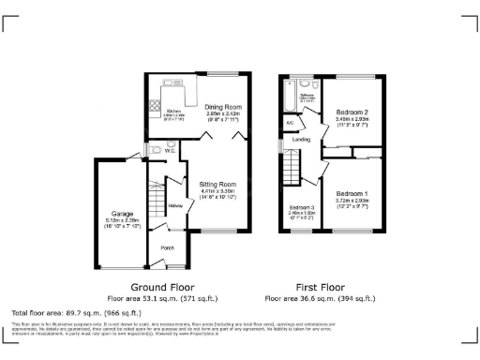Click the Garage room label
pyautogui.click(x=121, y=214)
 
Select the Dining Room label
pyautogui.click(x=224, y=107)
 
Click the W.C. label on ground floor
pyautogui.click(x=172, y=150)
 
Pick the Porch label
pyautogui.click(x=168, y=248)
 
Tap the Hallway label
pyautogui.click(x=174, y=205)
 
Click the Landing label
pyautogui.click(x=301, y=140)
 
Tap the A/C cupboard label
pyautogui.click(x=290, y=122)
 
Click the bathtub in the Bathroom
pyautogui.click(x=286, y=95)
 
